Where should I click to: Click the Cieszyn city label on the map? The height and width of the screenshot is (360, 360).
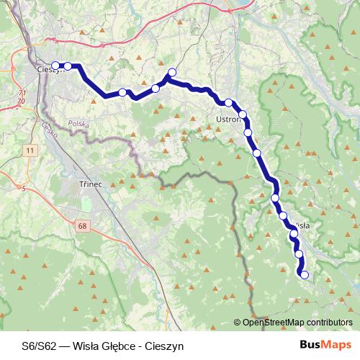(50, 71)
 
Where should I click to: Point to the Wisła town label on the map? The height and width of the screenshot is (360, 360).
(301, 225)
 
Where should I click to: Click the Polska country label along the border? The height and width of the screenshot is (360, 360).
(77, 124)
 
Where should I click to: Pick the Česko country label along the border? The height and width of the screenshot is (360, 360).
(49, 130)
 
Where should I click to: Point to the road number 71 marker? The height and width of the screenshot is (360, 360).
(22, 94)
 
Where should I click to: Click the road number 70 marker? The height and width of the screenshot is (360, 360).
(22, 101)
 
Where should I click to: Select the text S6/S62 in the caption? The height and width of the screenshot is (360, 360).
(38, 346)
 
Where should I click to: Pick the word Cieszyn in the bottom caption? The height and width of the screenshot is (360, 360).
(164, 346)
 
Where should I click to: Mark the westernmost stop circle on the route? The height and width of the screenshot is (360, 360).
(55, 66)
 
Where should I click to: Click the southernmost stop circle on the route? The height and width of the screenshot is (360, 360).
(305, 274)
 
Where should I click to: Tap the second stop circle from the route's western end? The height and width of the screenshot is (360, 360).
(68, 66)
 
